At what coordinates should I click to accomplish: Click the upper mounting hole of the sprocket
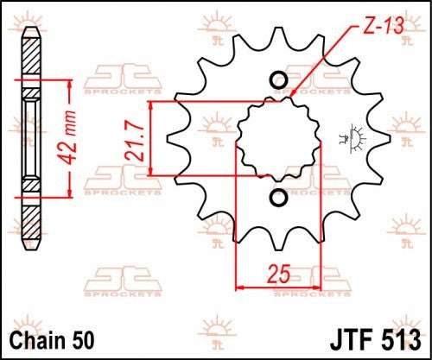pos(278,83)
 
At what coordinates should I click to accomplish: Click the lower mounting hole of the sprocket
pos(278,199)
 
